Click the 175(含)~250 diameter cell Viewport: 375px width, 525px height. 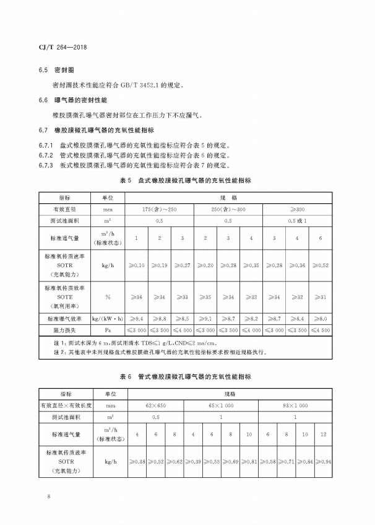pyautogui.click(x=160, y=210)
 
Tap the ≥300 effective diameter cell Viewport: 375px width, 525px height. pyautogui.click(x=299, y=210)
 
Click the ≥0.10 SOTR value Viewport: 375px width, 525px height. pyautogui.click(x=137, y=265)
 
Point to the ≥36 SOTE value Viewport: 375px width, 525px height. pyautogui.click(x=137, y=297)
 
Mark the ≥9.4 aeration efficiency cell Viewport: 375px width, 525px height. pyautogui.click(x=137, y=319)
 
